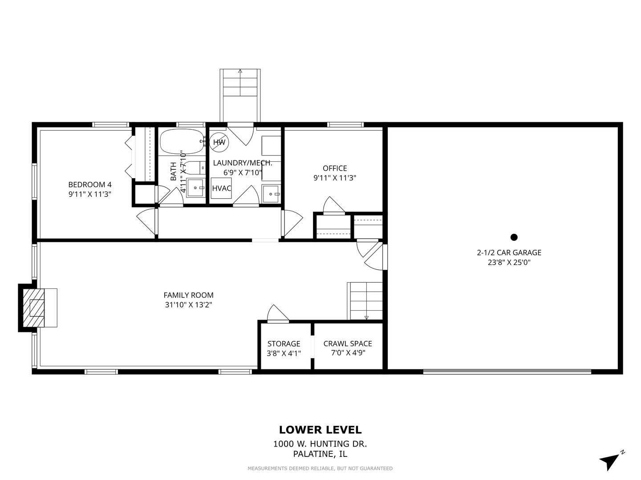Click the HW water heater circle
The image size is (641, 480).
[x=219, y=142]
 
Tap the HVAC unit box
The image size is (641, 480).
[x=221, y=188]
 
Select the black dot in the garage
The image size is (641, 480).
[x=514, y=237]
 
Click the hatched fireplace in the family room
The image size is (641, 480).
[x=33, y=308]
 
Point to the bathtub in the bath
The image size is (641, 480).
[x=182, y=142]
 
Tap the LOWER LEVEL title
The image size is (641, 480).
[x=320, y=430]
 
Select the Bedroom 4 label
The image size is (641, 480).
[x=90, y=184]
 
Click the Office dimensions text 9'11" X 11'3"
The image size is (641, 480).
[x=335, y=178]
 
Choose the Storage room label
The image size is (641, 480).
[x=284, y=344]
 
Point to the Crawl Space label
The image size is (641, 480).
[x=348, y=344]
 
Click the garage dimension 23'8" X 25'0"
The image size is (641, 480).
[x=509, y=262]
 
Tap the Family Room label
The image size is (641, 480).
[x=188, y=295]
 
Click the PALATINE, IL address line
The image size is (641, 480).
[x=320, y=454]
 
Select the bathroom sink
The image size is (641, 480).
[x=196, y=188]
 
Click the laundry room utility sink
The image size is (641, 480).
[x=271, y=193]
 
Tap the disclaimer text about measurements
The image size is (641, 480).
[x=320, y=468]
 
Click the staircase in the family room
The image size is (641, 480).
[x=365, y=301]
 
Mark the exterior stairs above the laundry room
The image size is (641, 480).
[x=240, y=95]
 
